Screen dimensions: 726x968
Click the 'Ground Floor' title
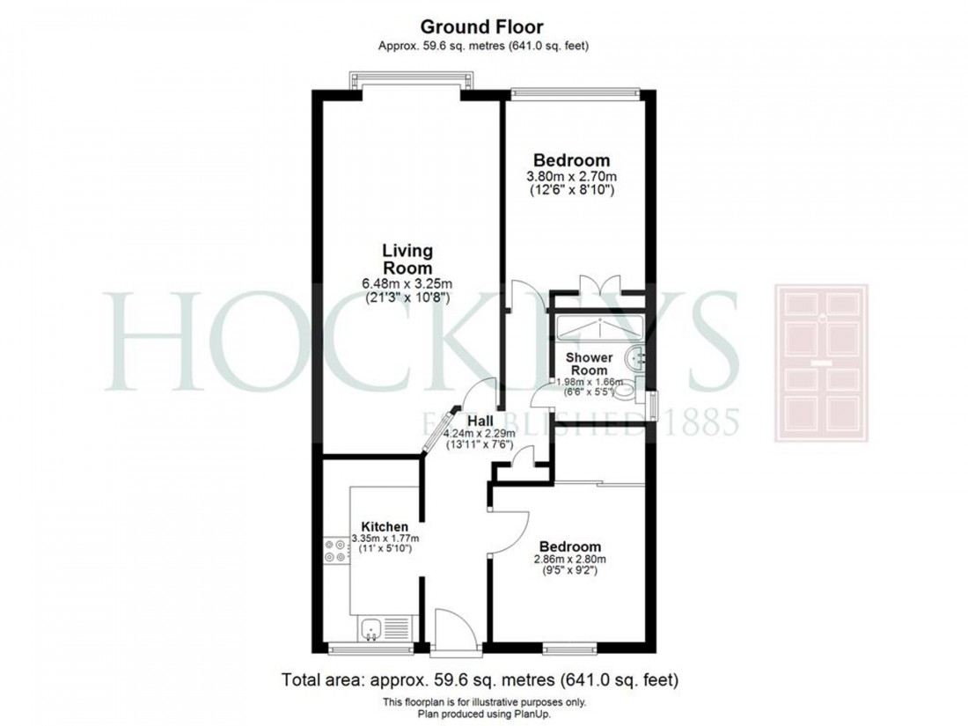[483, 26]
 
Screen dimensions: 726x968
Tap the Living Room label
[407, 259]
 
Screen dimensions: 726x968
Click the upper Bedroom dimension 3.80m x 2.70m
[572, 176]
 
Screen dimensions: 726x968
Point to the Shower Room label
[589, 364]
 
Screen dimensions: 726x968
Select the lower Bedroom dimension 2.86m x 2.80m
[570, 560]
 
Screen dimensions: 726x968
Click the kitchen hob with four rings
[334, 550]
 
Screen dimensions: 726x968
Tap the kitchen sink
[372, 629]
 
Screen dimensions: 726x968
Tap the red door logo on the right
[820, 363]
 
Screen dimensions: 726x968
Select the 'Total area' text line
[480, 680]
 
